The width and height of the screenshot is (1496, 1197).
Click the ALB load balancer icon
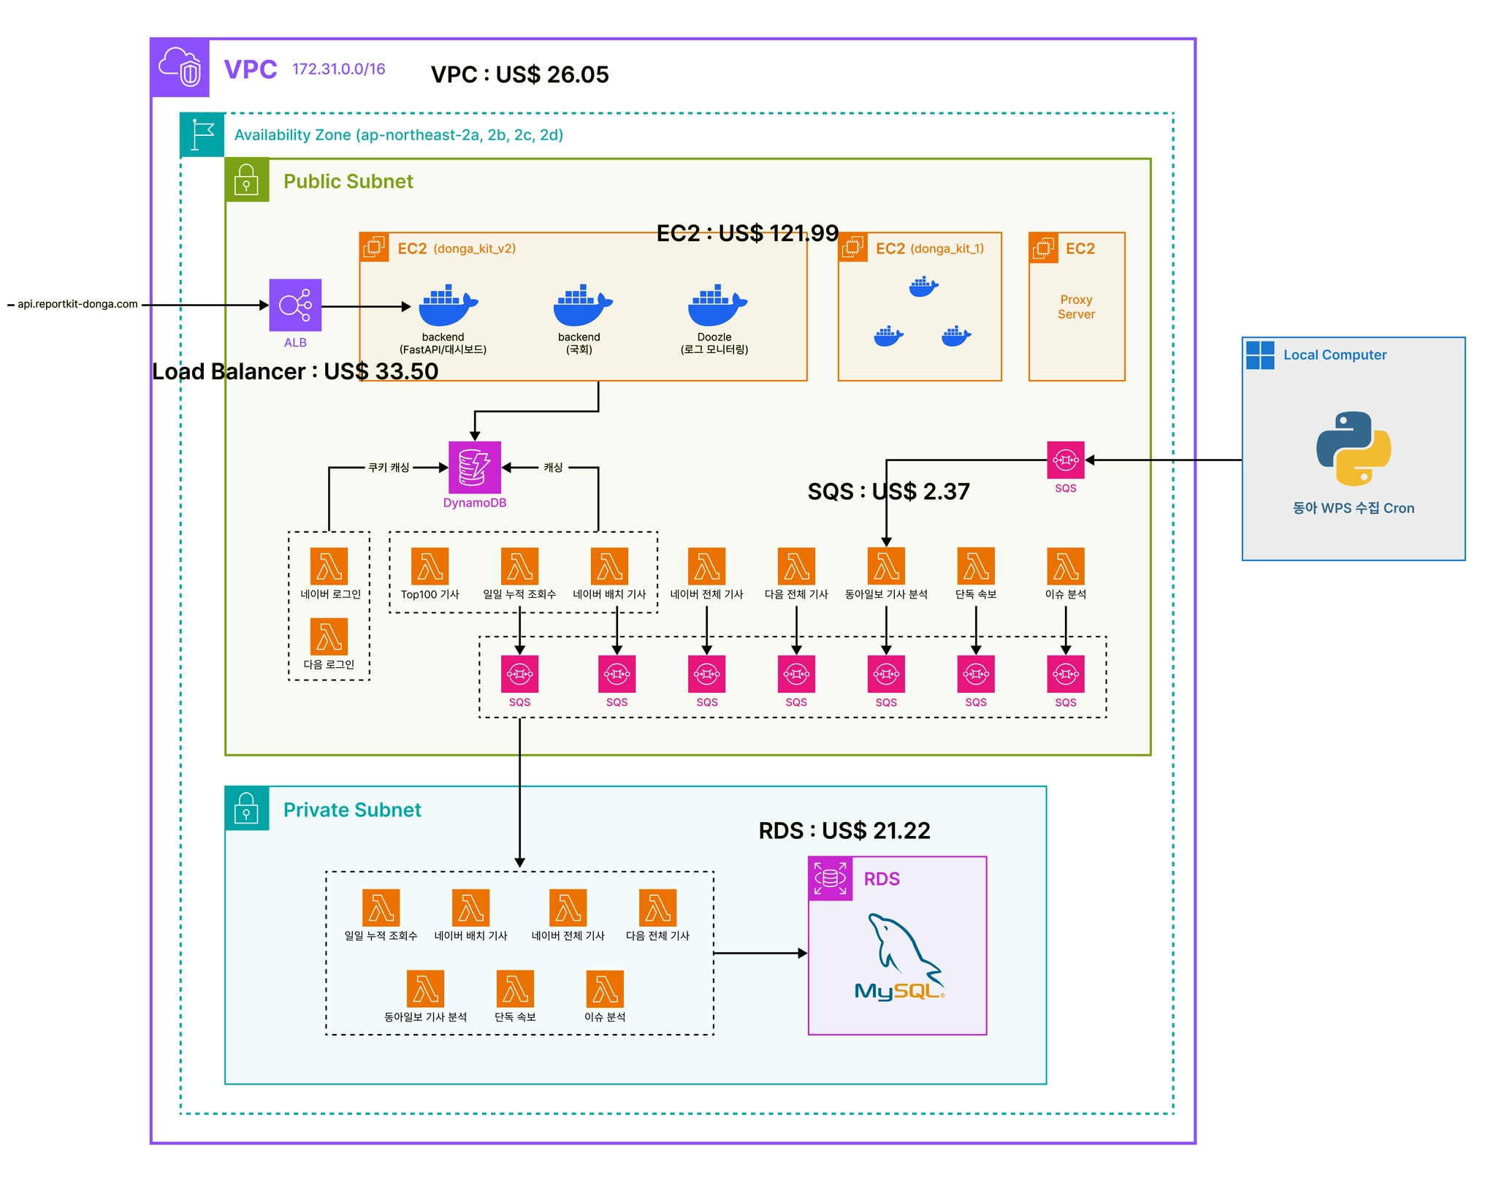295,305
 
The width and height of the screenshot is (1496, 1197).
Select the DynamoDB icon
474,467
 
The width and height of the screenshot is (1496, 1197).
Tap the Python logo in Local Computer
1353,449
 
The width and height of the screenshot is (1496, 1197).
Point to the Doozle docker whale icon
717,305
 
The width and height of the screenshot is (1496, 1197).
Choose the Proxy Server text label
1076,307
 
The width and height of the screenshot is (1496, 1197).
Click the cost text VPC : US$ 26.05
519,75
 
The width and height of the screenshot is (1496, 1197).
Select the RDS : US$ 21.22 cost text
844,831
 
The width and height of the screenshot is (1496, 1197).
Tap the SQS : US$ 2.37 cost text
888,492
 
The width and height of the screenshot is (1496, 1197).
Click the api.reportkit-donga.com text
77,304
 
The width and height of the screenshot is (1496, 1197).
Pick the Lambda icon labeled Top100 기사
430,566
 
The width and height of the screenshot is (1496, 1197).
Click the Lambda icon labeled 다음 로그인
329,636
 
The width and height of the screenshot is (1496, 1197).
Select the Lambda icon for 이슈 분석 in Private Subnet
605,989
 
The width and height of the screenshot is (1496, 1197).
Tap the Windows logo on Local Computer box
1260,355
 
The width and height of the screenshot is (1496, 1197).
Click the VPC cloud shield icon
180,68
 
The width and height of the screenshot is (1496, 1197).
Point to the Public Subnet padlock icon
247,180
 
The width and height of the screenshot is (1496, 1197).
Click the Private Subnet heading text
352,810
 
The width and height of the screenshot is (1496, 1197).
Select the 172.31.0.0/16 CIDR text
338,69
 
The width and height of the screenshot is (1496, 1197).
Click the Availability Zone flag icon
202,134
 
